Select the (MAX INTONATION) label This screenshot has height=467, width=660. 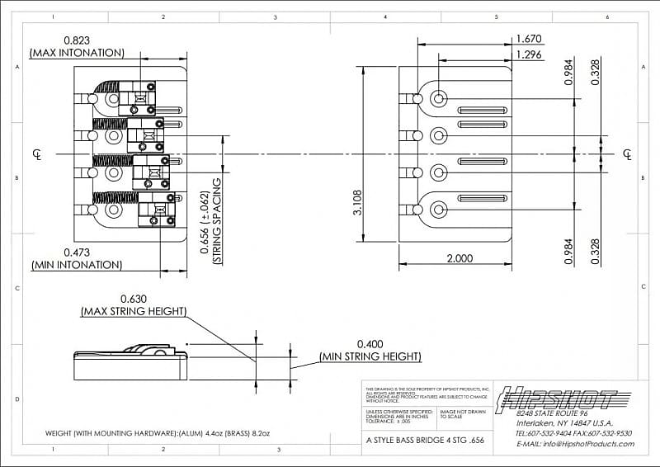(x=77, y=53)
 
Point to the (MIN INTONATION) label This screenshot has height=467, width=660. (x=77, y=266)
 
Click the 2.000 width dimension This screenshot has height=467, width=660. (x=460, y=258)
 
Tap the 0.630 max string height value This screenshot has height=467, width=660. (x=134, y=299)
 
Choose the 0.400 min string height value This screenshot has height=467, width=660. (x=371, y=343)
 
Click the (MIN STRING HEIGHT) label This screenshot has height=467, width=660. (x=370, y=356)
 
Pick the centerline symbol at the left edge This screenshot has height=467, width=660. (x=36, y=154)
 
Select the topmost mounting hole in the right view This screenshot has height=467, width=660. (x=439, y=99)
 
